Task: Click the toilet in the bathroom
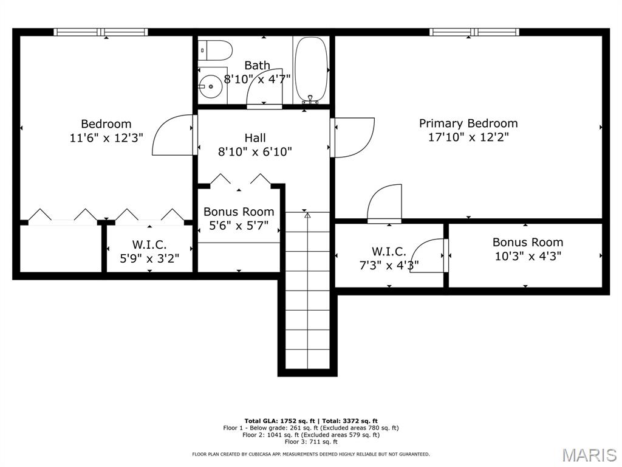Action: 215,50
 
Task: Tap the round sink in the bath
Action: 211,86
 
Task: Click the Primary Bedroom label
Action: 468,123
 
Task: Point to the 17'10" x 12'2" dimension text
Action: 468,137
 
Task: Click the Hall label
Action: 255,138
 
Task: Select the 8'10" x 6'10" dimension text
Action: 255,151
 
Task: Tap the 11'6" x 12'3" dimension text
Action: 106,138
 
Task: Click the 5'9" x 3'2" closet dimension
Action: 149,258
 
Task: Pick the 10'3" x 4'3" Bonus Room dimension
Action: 528,256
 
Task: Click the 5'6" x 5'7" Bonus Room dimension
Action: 239,226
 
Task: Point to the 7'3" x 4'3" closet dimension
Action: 389,265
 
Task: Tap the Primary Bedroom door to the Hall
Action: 353,137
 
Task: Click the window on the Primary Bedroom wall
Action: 474,32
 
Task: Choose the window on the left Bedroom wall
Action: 101,32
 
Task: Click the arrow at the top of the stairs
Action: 307,215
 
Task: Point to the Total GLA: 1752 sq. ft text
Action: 279,421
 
